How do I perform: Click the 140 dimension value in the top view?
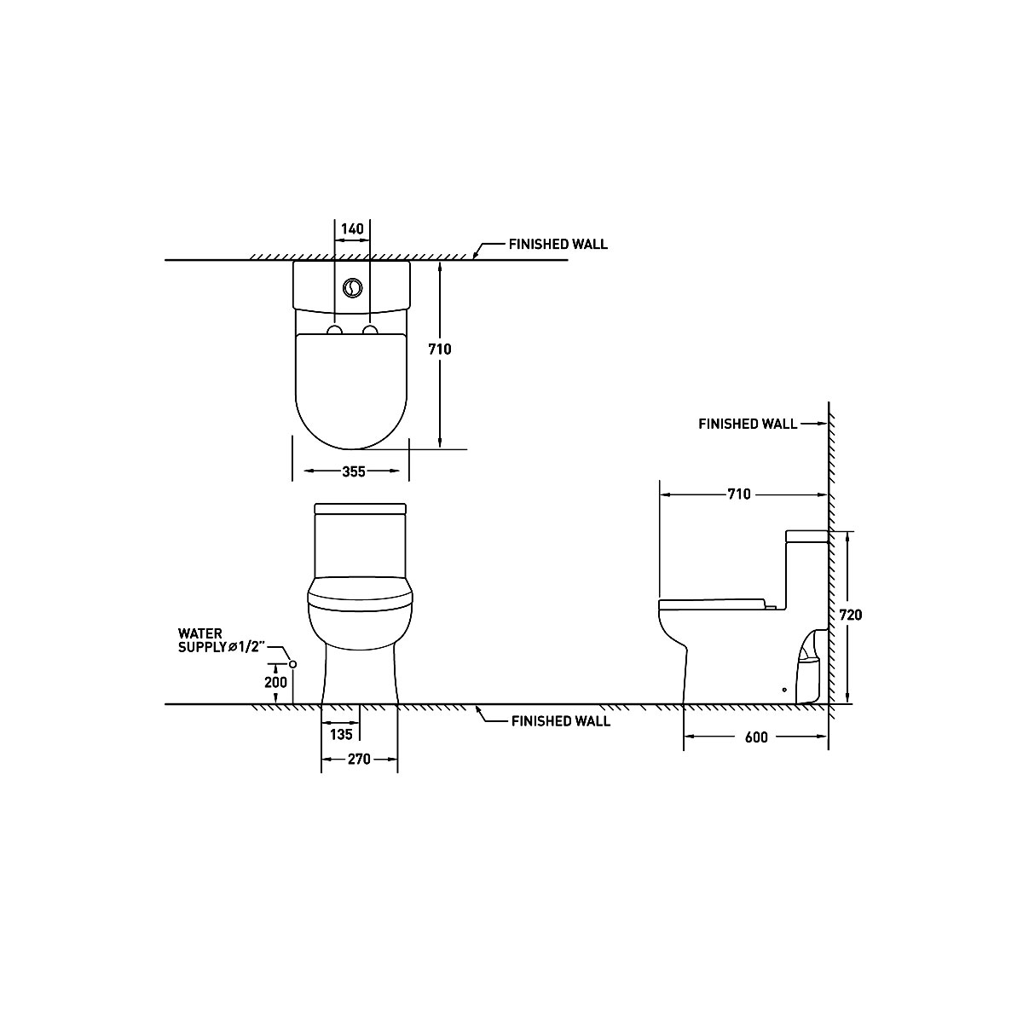click(352, 228)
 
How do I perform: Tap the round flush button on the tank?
click(352, 288)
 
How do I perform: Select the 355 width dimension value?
click(354, 471)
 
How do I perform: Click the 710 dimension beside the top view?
click(440, 349)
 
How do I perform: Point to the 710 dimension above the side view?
click(739, 494)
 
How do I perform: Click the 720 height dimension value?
click(851, 615)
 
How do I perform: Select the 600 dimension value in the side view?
click(756, 737)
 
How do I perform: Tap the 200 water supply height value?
click(275, 682)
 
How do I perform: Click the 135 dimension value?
click(341, 734)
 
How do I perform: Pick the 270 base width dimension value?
click(359, 760)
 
